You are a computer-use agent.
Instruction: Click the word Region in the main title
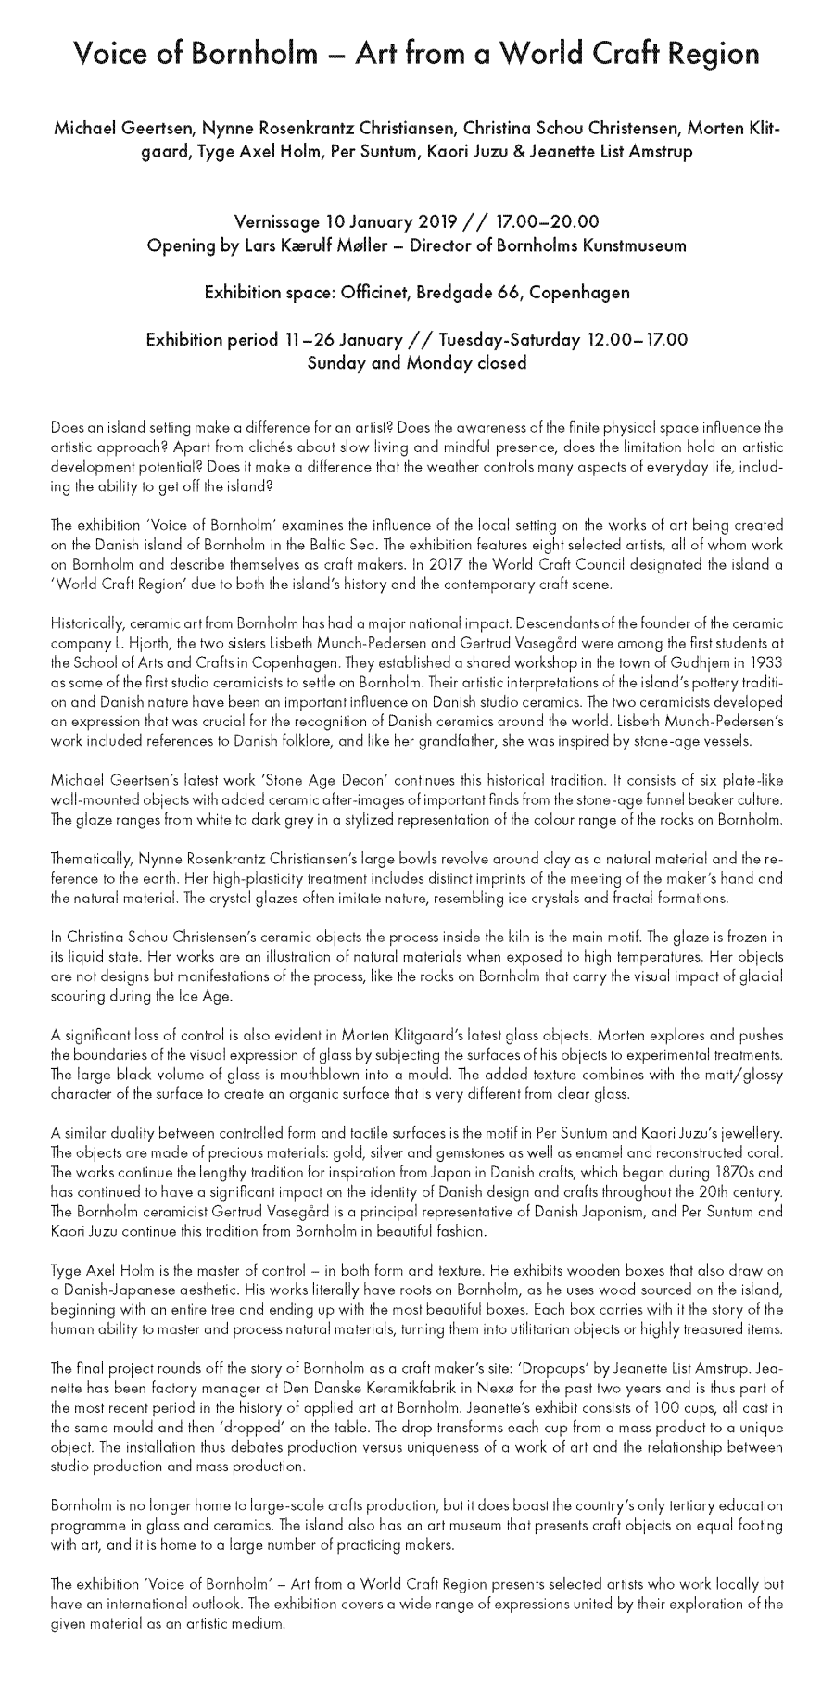point(710,55)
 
